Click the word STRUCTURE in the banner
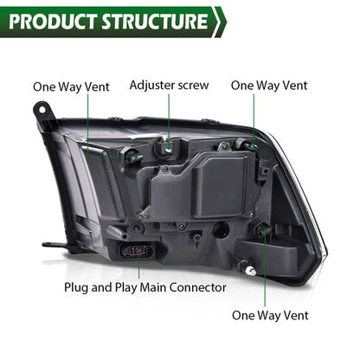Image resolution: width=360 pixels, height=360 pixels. click(155, 22)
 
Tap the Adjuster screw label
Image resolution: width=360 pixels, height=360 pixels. click(169, 86)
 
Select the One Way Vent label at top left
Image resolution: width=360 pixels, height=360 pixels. click(71, 87)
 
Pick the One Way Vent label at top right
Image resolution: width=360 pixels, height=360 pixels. click(269, 86)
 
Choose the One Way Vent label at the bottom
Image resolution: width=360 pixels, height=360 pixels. click(270, 315)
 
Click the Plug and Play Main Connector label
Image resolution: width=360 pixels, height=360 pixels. click(145, 287)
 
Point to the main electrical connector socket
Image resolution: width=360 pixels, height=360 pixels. click(138, 251)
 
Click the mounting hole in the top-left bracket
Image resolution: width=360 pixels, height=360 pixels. click(42, 110)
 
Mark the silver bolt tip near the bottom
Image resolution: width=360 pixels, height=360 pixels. click(250, 271)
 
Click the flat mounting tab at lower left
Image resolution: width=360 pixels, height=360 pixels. click(55, 245)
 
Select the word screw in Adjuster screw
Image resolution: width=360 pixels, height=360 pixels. click(193, 86)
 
